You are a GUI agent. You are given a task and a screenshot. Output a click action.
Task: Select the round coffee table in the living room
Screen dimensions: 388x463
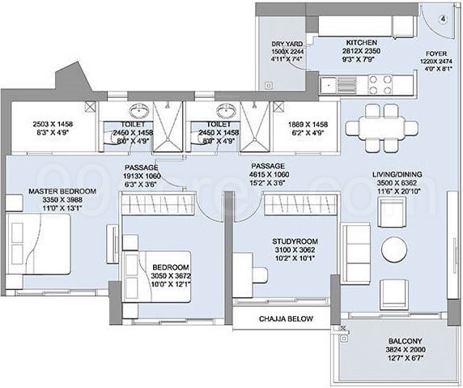[394, 246]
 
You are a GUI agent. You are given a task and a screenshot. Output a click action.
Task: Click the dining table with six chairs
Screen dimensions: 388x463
[380, 126]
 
